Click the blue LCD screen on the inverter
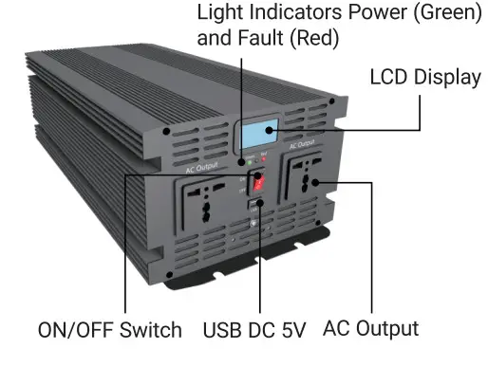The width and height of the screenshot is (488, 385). (x=264, y=132)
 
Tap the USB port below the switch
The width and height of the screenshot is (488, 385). (x=255, y=204)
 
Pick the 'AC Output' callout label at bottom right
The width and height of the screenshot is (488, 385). (x=370, y=329)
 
